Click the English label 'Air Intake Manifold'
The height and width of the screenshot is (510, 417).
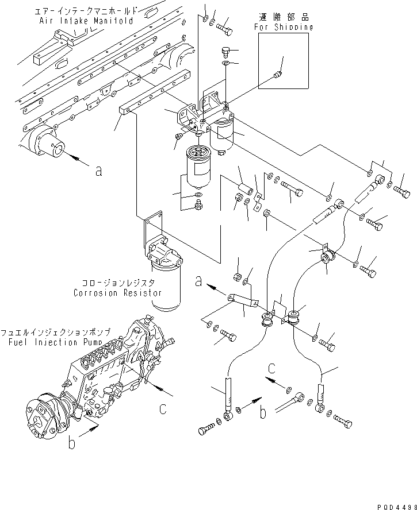[x=79, y=21]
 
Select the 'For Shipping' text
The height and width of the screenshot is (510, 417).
[x=284, y=26]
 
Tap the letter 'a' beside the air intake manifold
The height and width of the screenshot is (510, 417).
[x=98, y=171]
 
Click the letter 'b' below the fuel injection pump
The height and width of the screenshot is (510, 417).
[x=71, y=445]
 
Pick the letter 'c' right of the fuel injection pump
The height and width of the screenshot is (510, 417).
[x=164, y=409]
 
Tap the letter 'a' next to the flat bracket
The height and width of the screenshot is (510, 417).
[x=198, y=281]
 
